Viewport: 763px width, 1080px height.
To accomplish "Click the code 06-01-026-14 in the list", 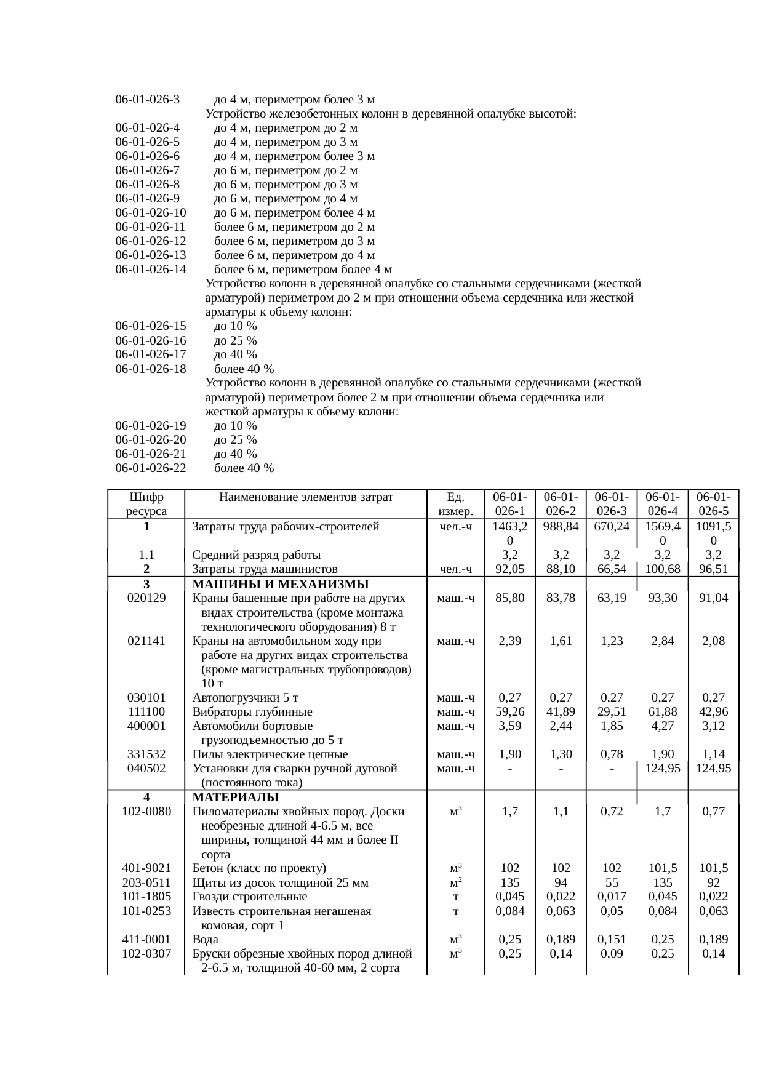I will (151, 269).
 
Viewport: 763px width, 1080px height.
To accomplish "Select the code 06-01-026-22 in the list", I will (151, 468).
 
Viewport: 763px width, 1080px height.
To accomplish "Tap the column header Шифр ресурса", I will (146, 503).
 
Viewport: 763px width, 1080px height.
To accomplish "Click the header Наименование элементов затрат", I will (306, 497).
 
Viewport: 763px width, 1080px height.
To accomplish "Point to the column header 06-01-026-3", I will (611, 503).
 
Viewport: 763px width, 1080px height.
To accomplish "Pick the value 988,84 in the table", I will (560, 526).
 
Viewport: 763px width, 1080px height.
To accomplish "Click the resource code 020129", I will (146, 598).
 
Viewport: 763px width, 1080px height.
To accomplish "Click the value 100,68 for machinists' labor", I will (662, 569).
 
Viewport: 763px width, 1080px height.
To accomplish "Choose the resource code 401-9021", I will (146, 868).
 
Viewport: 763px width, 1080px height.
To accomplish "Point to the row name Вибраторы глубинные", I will (252, 711).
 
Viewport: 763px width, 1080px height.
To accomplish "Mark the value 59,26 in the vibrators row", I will (509, 711).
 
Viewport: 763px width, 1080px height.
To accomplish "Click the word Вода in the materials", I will (205, 939).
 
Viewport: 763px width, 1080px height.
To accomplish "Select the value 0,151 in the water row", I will (611, 939).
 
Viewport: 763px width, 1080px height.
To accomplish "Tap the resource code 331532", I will (146, 754).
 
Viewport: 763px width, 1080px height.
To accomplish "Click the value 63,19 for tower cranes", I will (611, 598).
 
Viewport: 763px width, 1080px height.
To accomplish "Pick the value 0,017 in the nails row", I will (611, 897).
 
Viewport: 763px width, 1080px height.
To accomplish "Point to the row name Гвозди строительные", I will (249, 897).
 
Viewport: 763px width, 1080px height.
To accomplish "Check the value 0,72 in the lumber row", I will (611, 811).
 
